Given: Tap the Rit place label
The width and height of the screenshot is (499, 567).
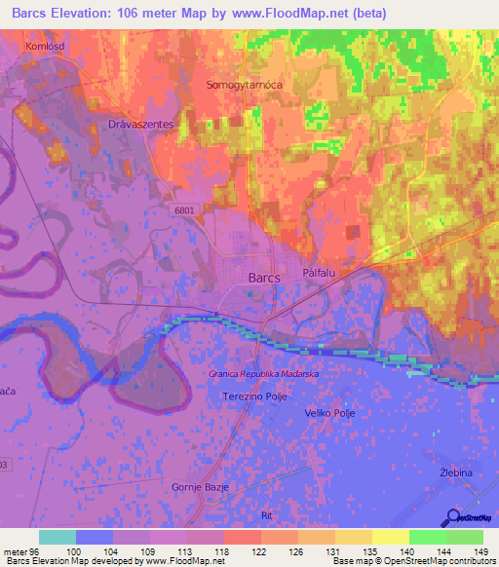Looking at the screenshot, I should tap(268, 514).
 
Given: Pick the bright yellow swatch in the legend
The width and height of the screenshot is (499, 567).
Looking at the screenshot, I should tap(391, 537).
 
